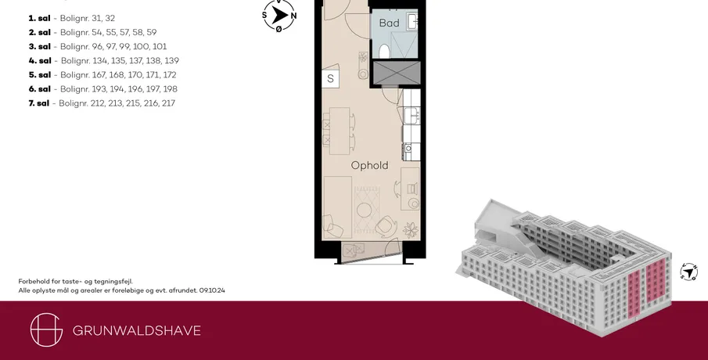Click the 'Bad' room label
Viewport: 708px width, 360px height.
click(x=389, y=23)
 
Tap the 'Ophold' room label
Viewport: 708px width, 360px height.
click(x=369, y=166)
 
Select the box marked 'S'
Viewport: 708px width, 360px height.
click(x=330, y=78)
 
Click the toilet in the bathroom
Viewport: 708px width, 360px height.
click(x=384, y=51)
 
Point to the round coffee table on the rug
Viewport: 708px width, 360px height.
click(x=364, y=210)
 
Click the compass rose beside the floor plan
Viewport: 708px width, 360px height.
click(x=279, y=16)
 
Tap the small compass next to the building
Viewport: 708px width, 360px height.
click(x=688, y=272)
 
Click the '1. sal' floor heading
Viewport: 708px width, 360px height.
click(x=39, y=19)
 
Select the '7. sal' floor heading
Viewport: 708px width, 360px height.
click(x=39, y=103)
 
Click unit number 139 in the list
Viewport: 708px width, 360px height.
click(x=171, y=61)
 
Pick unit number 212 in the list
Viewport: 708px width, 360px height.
click(x=97, y=103)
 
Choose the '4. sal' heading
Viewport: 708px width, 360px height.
click(x=40, y=61)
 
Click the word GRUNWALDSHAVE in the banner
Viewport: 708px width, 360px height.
click(x=137, y=330)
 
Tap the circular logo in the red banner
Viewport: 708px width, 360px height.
click(x=46, y=329)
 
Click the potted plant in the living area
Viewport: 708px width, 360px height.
click(x=411, y=229)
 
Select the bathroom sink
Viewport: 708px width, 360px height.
click(x=412, y=20)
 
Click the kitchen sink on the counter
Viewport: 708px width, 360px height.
click(x=412, y=114)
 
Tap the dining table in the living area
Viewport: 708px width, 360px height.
click(x=340, y=131)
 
